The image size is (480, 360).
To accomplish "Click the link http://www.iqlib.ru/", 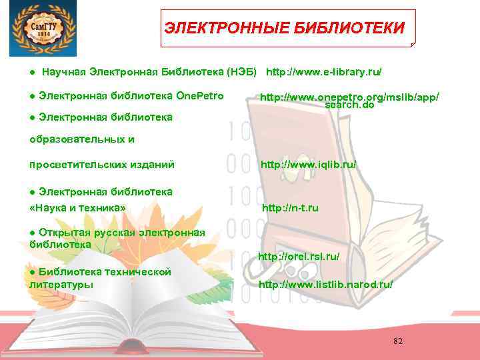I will click(308, 163).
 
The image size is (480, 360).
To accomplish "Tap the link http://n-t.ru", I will click(290, 208).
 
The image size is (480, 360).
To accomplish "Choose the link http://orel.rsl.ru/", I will click(299, 256).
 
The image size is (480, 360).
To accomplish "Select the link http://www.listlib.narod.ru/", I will click(325, 284).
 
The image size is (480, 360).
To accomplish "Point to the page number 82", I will click(398, 341).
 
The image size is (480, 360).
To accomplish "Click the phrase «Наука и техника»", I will click(78, 208).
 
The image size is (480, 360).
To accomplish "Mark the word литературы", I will click(62, 284).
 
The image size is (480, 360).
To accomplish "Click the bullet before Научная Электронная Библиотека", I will click(32, 71).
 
